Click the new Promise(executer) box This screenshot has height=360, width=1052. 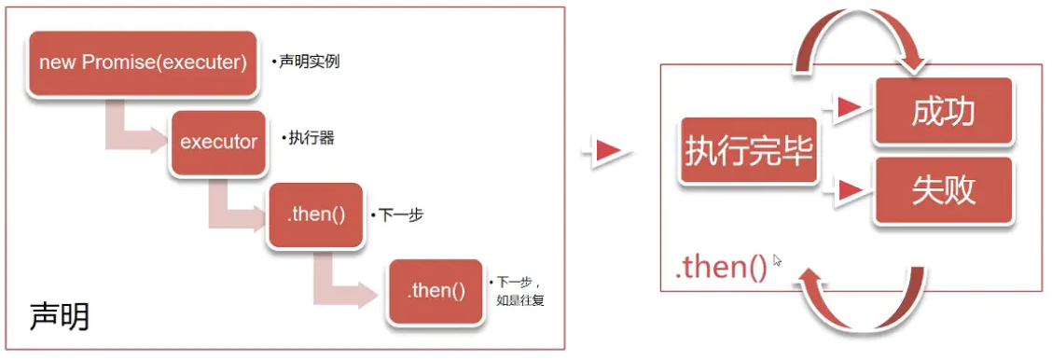point(143,63)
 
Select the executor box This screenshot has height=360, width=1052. point(218,143)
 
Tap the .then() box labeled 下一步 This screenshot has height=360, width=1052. point(316,215)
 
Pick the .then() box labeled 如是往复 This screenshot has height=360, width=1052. point(436,291)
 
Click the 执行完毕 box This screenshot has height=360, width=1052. point(749,152)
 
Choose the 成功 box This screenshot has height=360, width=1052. point(943,112)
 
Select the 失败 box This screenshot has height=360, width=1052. point(943,190)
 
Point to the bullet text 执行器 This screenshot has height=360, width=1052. point(309,138)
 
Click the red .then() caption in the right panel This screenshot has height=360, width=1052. point(720,268)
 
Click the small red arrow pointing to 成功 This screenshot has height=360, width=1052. point(847,109)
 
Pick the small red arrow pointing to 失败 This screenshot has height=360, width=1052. point(847,190)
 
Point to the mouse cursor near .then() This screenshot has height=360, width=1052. point(777,261)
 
